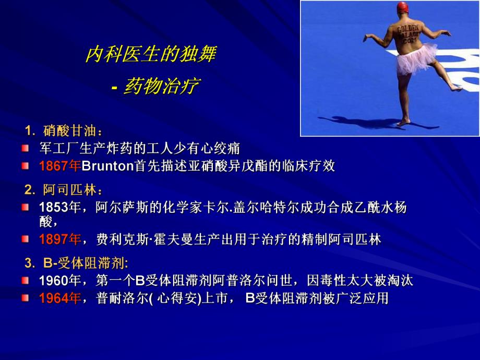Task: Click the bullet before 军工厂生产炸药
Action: click(x=25, y=148)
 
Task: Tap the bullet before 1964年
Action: click(x=25, y=298)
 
